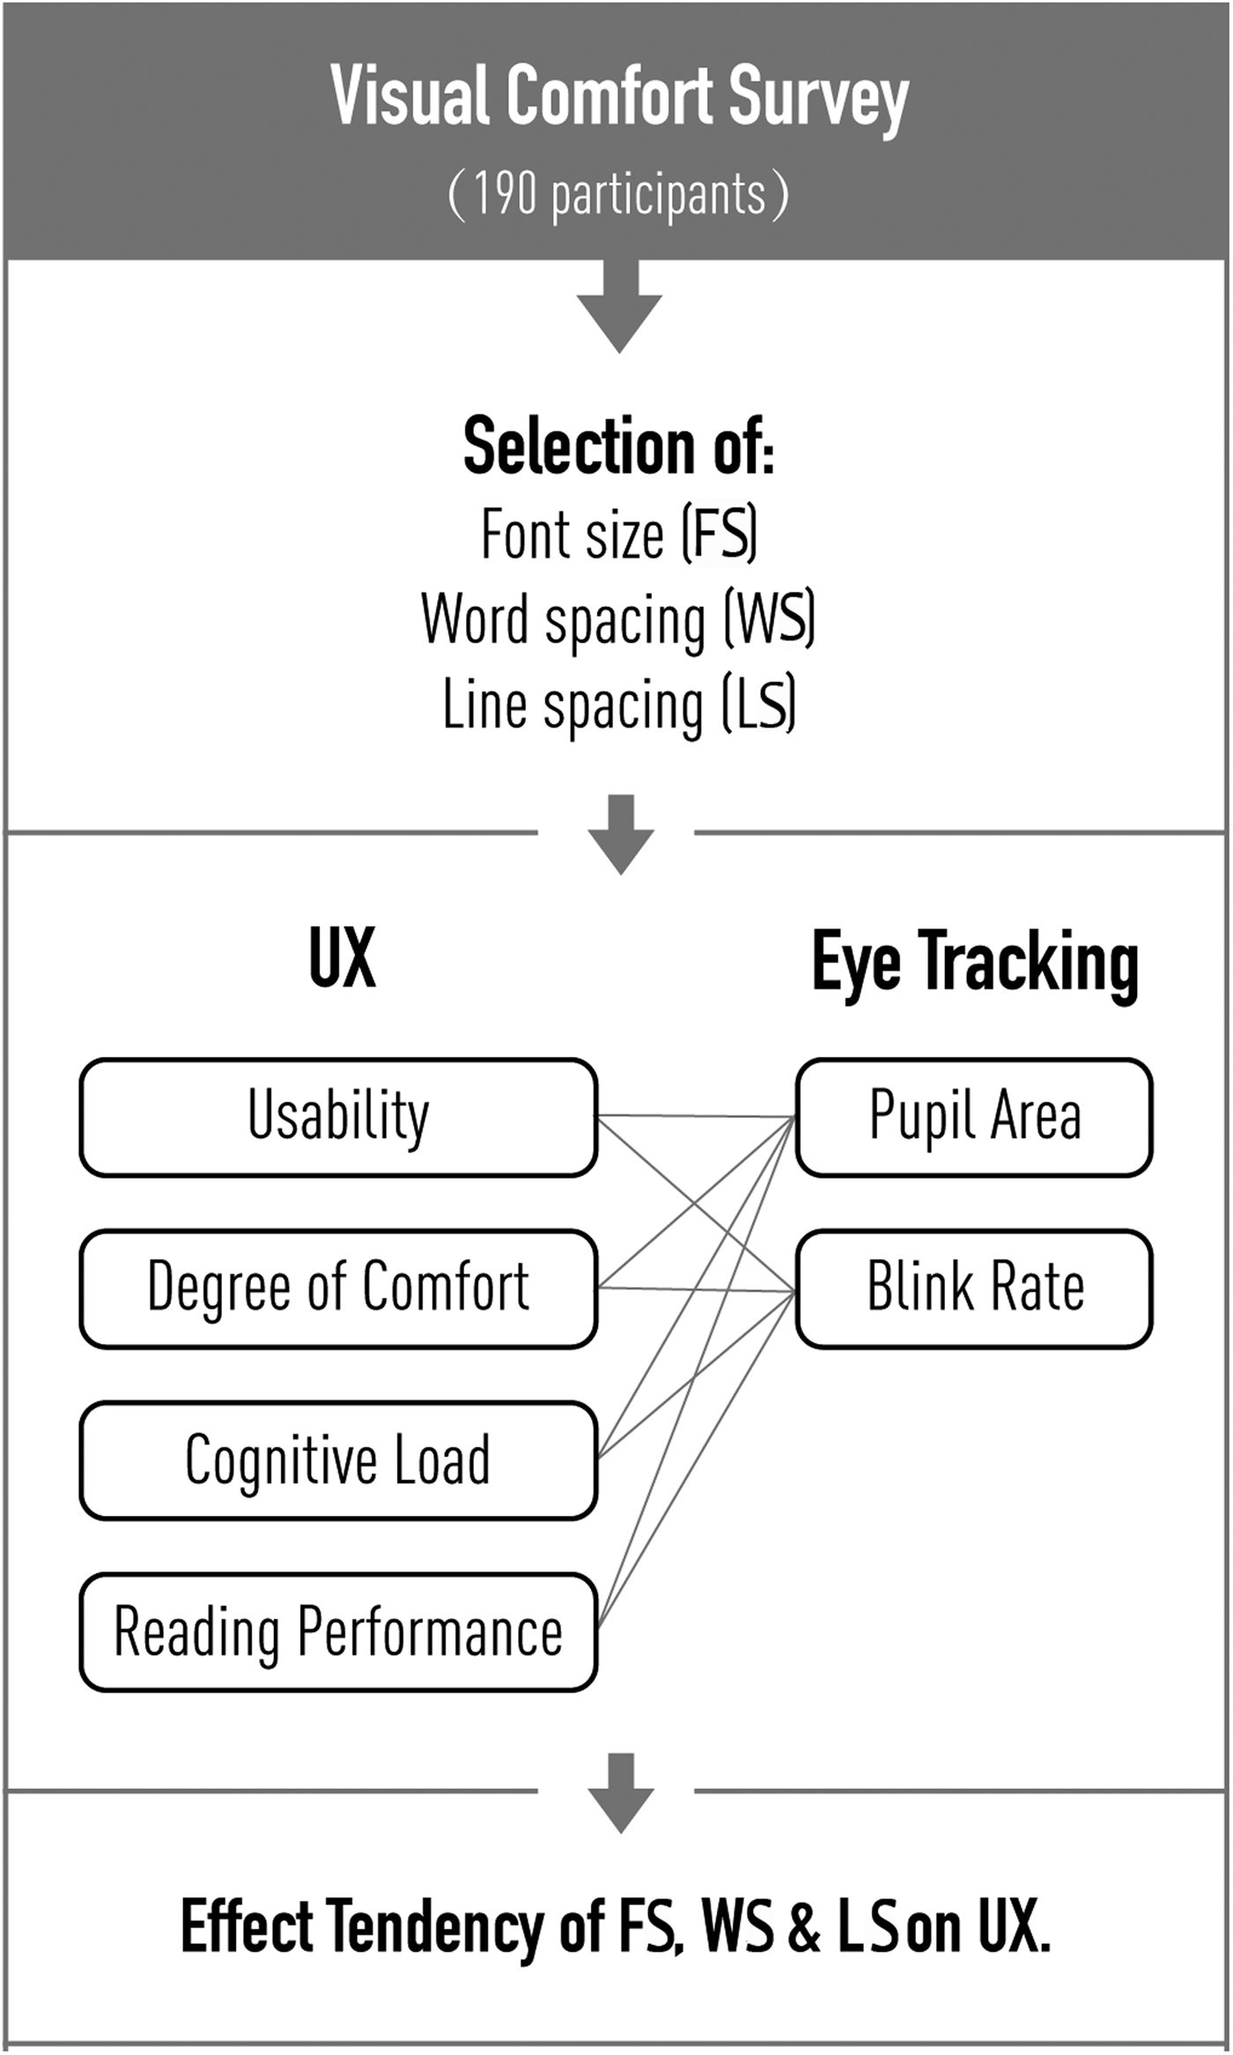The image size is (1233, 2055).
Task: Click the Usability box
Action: click(x=338, y=1117)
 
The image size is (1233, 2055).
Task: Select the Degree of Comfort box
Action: click(x=338, y=1288)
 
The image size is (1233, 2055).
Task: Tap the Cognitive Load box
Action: click(x=338, y=1460)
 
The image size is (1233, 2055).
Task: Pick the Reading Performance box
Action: click(x=338, y=1631)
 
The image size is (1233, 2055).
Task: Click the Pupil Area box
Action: click(x=974, y=1117)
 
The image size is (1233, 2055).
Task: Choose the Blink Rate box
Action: click(x=974, y=1288)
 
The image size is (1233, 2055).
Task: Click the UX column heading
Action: click(x=342, y=958)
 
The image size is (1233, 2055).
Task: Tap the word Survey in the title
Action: click(x=818, y=97)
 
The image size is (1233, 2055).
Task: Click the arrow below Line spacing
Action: click(x=621, y=833)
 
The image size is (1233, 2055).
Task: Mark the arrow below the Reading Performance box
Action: click(x=621, y=1792)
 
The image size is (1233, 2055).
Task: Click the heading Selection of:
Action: click(x=618, y=447)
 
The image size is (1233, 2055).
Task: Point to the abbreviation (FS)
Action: click(x=720, y=534)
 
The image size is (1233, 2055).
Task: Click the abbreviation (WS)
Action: click(x=770, y=619)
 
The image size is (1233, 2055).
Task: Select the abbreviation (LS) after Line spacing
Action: click(x=759, y=705)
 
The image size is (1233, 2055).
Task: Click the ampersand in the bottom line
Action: click(x=803, y=1926)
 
